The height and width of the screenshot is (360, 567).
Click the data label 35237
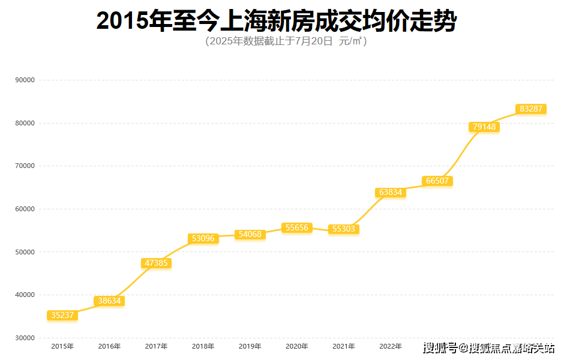(x=62, y=316)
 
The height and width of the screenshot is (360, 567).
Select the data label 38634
(x=109, y=301)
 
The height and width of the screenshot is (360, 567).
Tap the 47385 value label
(x=156, y=263)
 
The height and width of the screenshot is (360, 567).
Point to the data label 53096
(x=203, y=239)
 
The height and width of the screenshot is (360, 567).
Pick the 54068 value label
(x=250, y=235)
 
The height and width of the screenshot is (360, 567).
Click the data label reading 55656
(x=297, y=228)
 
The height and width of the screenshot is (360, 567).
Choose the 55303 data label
(x=344, y=229)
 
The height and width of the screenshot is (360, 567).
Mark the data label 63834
(x=391, y=193)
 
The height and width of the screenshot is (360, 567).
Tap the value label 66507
(x=437, y=181)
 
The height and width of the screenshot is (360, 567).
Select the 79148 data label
(x=484, y=127)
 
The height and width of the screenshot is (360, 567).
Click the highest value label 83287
(x=531, y=109)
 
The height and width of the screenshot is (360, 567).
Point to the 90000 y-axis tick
(x=25, y=80)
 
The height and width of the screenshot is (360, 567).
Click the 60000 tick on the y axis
(x=25, y=209)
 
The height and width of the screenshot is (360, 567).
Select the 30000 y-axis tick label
(x=25, y=338)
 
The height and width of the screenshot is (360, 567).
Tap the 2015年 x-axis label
(x=62, y=347)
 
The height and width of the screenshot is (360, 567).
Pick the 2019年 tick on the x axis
(x=250, y=347)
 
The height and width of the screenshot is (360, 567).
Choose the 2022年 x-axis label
(x=391, y=347)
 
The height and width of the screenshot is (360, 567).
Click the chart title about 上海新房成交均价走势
(x=276, y=21)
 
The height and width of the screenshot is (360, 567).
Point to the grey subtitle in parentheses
(x=286, y=41)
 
